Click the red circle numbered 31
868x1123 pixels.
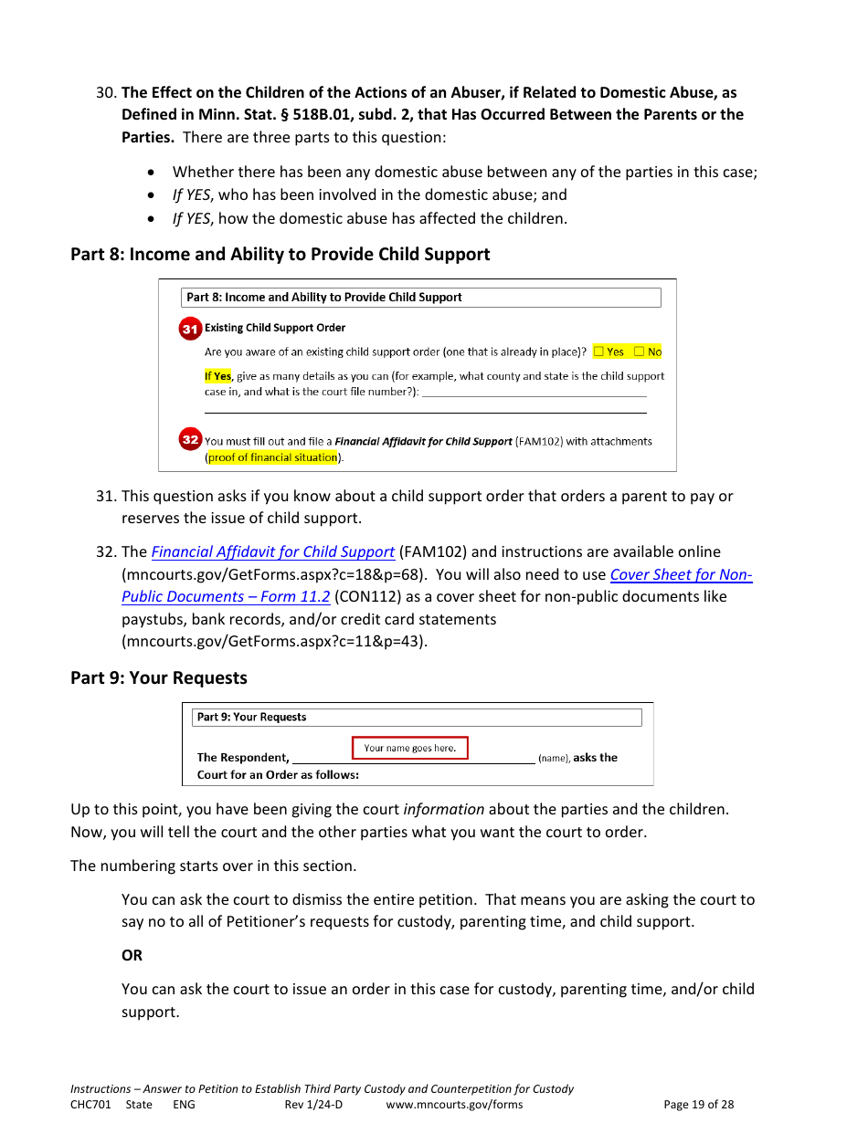(190, 329)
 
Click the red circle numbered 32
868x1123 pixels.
(190, 440)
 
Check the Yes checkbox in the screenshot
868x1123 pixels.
(598, 352)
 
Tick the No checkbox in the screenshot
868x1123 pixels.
(639, 352)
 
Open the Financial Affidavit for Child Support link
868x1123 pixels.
(272, 552)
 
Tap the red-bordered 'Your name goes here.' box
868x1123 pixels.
(409, 748)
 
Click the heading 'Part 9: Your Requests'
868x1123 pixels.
(159, 677)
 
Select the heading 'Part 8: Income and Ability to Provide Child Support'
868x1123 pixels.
(280, 254)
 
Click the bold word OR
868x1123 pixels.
(132, 955)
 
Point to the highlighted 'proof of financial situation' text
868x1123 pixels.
(273, 458)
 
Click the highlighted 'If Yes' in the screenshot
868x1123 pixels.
(217, 376)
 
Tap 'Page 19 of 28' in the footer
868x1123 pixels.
(698, 1105)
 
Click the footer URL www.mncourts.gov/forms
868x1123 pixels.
(454, 1105)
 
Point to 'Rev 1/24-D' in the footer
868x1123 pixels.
(313, 1105)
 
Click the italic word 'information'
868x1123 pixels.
(444, 809)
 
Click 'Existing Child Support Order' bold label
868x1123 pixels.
(275, 328)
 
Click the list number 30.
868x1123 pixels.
(106, 92)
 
